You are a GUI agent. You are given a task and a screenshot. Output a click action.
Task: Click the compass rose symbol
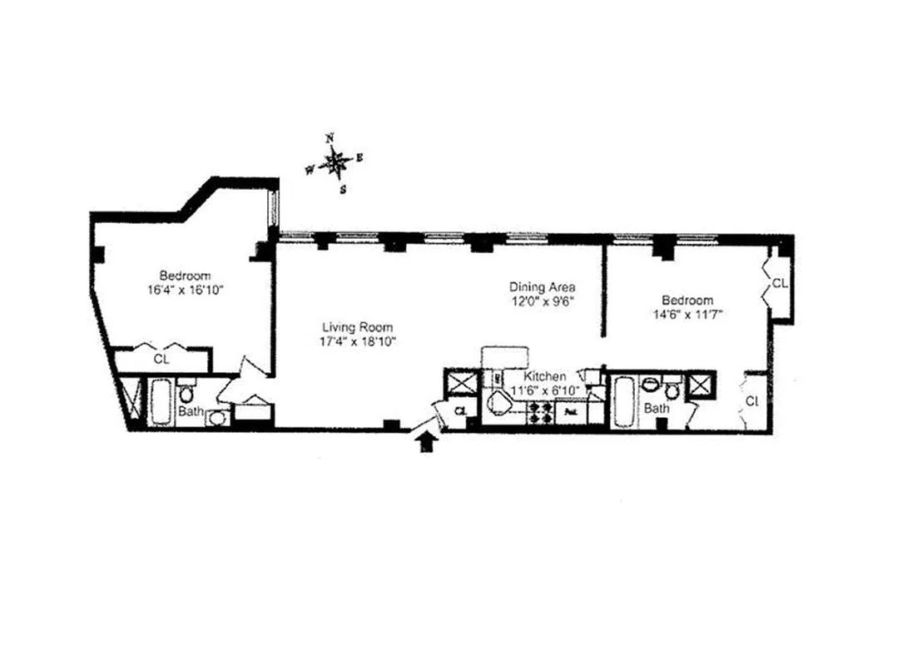(x=335, y=162)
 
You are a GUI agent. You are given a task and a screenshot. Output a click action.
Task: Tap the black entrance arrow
(x=427, y=442)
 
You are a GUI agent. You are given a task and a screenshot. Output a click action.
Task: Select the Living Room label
(x=358, y=327)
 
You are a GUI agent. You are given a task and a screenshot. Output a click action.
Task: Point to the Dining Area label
(x=543, y=287)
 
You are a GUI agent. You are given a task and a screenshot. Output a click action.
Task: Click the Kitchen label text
(x=545, y=376)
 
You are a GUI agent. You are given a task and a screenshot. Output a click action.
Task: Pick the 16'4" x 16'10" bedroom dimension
(x=185, y=290)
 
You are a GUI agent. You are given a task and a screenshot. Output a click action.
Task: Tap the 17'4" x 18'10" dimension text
(x=358, y=340)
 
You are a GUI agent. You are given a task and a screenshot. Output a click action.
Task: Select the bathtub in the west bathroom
(x=161, y=403)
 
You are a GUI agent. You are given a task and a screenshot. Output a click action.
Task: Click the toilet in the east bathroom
(x=672, y=390)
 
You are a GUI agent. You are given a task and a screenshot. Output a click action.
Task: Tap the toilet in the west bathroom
(x=186, y=392)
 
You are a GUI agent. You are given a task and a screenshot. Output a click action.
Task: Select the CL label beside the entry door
(x=462, y=410)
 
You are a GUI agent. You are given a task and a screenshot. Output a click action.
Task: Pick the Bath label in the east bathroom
(x=657, y=409)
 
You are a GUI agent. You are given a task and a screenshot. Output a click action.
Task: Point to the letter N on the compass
(x=330, y=137)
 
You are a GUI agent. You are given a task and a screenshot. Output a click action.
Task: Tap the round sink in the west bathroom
(x=216, y=418)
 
